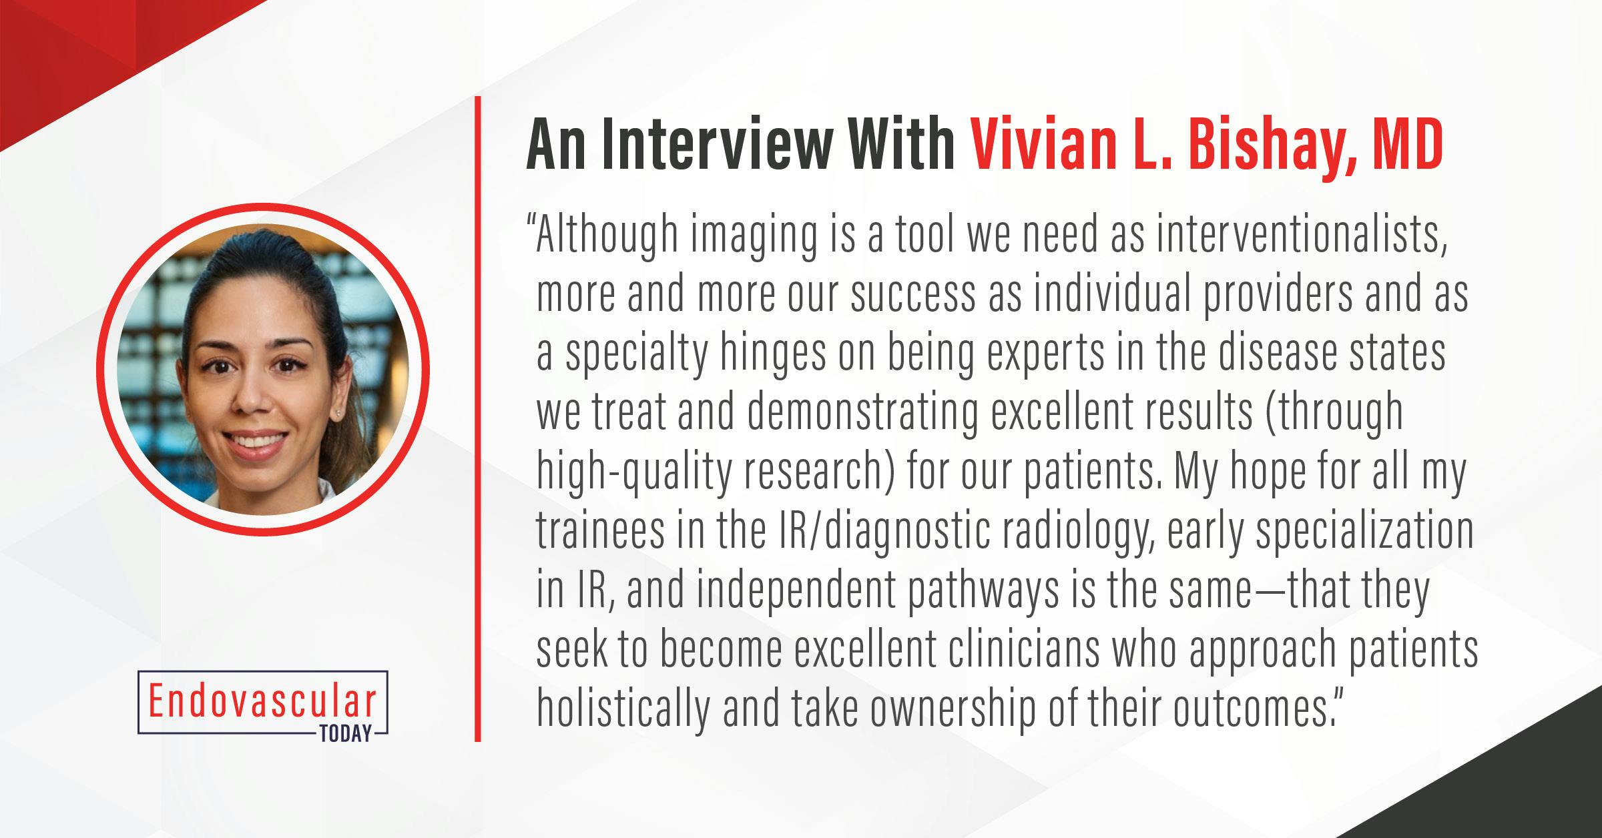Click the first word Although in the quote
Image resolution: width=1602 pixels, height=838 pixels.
[x=605, y=236]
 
